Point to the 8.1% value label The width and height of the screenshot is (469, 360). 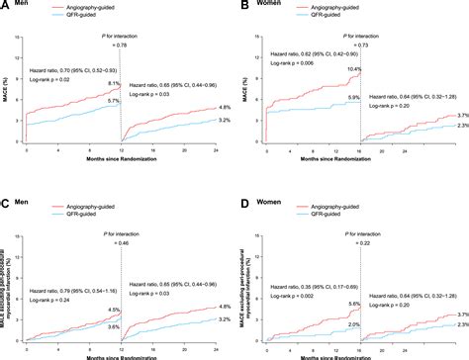pyautogui.click(x=113, y=85)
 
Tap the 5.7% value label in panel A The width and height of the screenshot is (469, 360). pyautogui.click(x=113, y=102)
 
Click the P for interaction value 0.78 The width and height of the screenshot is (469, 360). pyautogui.click(x=121, y=45)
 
